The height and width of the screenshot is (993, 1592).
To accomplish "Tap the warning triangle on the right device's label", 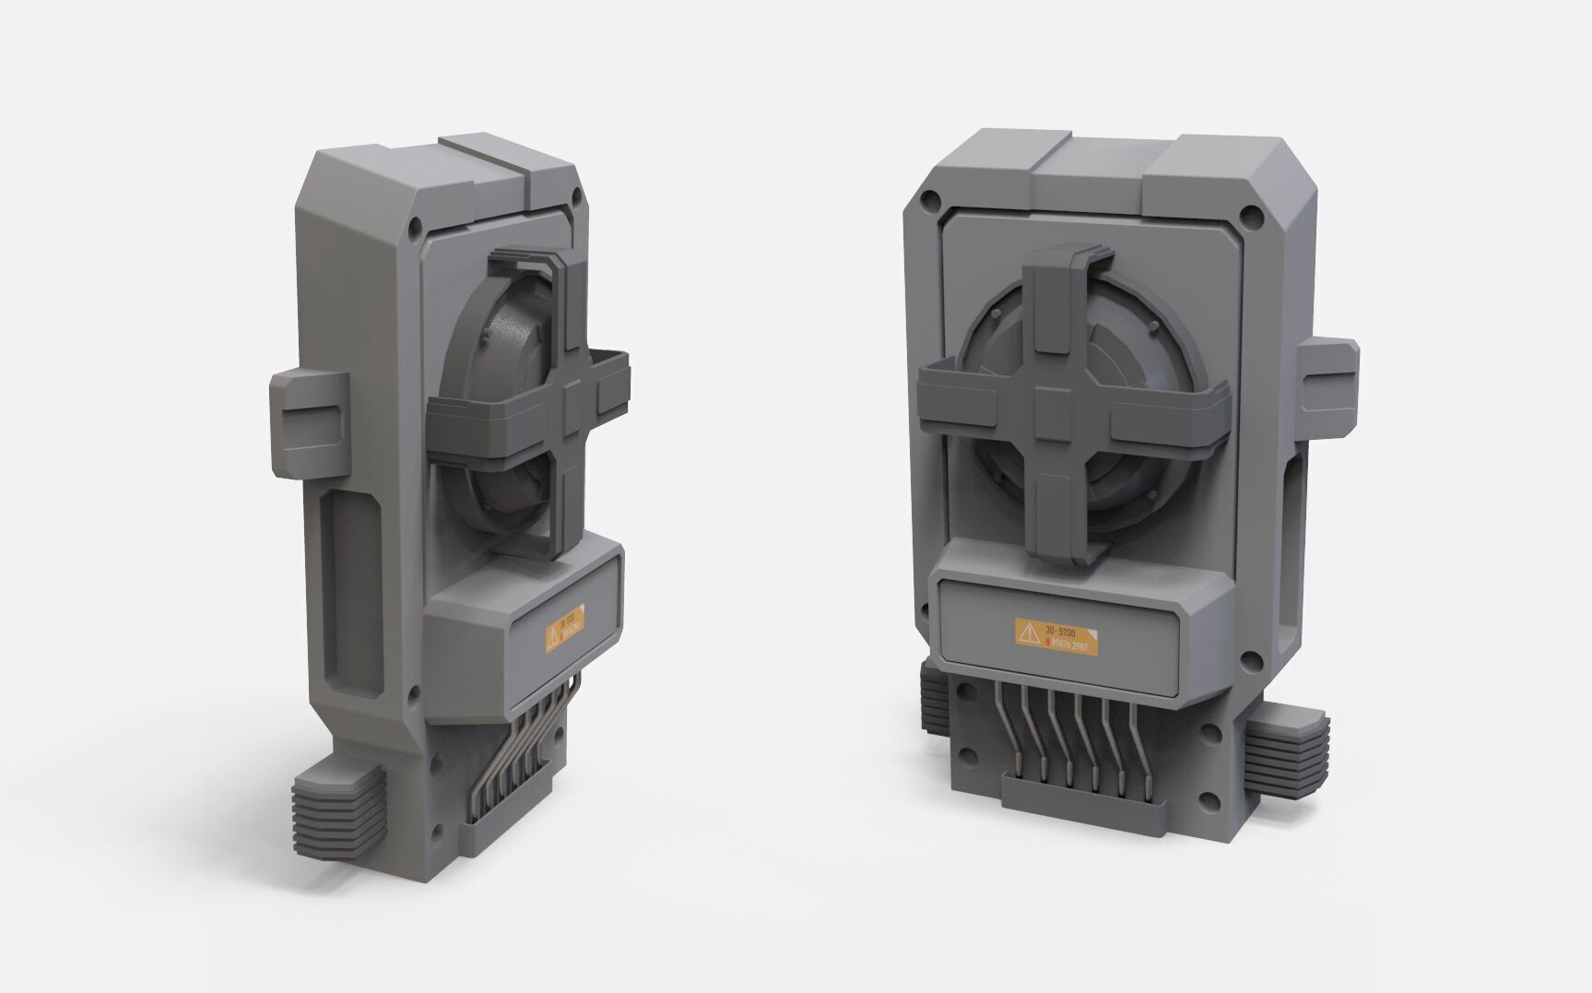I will tap(1027, 633).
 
